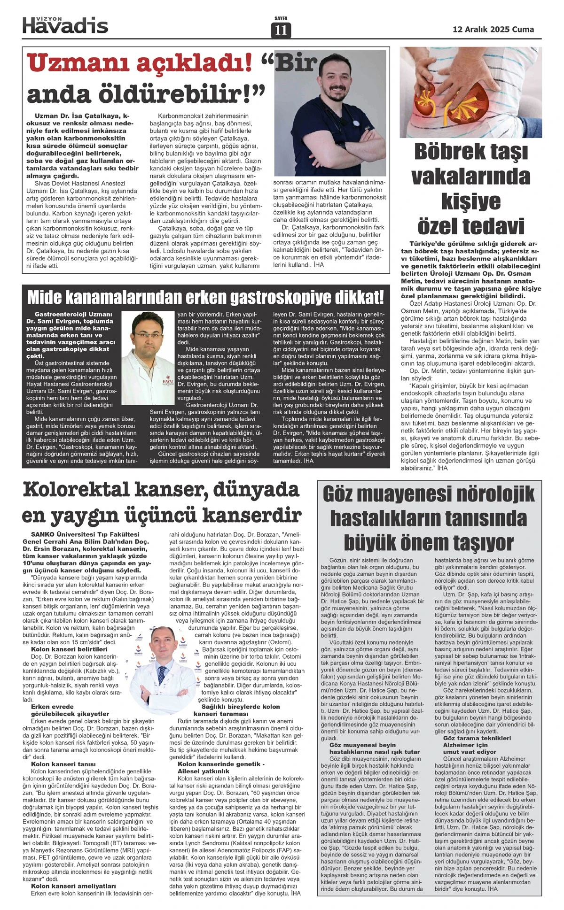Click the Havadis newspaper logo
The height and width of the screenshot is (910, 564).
(x=65, y=24)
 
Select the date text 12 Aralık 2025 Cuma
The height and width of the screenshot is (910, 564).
(x=493, y=29)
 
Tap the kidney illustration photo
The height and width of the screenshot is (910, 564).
(x=470, y=92)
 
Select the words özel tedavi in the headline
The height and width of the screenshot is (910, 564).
(x=470, y=226)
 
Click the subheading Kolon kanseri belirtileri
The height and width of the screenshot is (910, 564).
(x=69, y=649)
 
